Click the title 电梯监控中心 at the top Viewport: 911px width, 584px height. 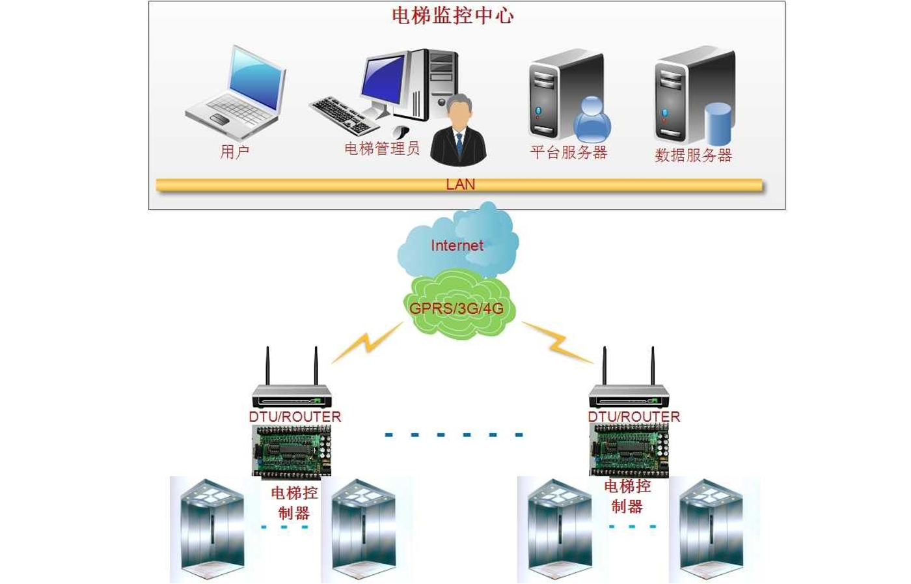(452, 16)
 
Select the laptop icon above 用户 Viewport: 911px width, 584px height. (238, 91)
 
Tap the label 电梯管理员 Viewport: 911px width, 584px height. (381, 149)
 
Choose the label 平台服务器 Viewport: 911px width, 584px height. (568, 152)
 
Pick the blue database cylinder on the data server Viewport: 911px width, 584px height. (718, 124)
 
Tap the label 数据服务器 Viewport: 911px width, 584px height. (693, 155)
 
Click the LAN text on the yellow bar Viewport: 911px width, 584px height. (460, 185)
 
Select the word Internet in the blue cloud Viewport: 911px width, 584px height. (457, 245)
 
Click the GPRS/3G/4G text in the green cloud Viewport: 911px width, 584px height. (456, 308)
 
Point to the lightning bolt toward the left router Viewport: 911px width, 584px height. (368, 342)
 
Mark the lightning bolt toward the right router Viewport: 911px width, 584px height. (557, 342)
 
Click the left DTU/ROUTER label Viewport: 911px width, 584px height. (295, 417)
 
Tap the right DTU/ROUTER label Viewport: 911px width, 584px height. (634, 417)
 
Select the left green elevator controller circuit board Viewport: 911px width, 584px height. (292, 451)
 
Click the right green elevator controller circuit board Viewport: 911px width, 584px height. (629, 449)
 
